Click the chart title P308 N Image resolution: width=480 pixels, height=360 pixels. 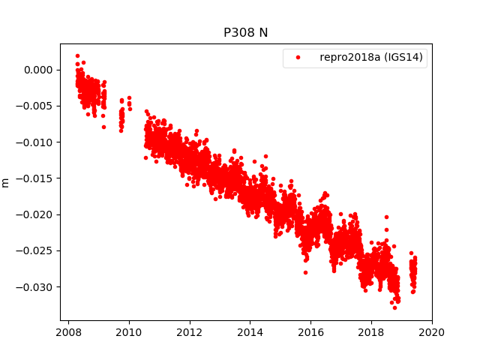[x=245, y=33]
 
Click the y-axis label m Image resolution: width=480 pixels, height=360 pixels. [x=6, y=182]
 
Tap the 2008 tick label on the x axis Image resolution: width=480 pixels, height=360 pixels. [x=69, y=332]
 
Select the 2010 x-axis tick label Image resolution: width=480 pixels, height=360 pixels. [x=129, y=332]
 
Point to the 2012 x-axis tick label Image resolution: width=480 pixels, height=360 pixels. [x=190, y=332]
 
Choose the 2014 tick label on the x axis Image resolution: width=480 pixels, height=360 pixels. [x=250, y=332]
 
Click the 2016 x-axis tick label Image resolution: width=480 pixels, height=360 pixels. [x=310, y=332]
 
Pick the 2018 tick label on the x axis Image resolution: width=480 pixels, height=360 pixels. [x=371, y=332]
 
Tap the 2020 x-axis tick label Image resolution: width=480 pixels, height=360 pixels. [x=432, y=332]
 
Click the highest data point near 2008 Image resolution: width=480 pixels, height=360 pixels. [x=77, y=55]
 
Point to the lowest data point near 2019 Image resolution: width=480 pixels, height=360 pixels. [x=394, y=307]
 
